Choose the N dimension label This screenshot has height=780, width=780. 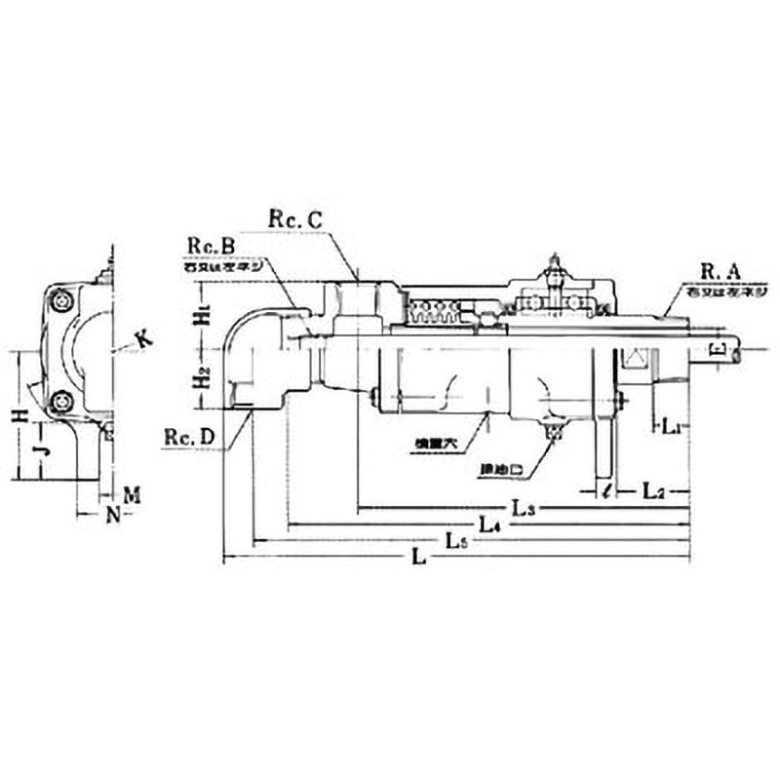(x=113, y=514)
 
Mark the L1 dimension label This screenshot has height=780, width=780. (x=671, y=426)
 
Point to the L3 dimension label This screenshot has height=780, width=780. (x=525, y=508)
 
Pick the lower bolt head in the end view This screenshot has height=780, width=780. (x=65, y=400)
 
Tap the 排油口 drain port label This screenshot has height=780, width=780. (x=503, y=469)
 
